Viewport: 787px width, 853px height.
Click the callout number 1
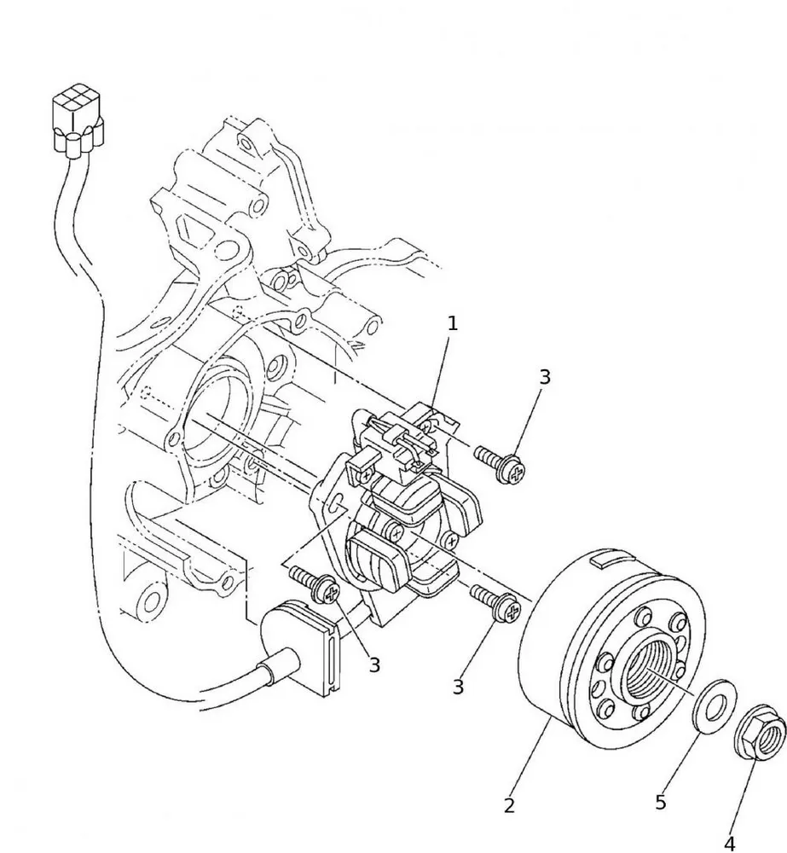click(453, 323)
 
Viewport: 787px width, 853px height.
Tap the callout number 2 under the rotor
click(509, 805)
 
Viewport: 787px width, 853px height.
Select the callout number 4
click(730, 843)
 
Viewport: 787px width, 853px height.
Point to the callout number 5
click(661, 802)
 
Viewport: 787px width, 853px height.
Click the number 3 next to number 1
click(545, 377)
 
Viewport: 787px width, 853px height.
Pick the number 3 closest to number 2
click(459, 687)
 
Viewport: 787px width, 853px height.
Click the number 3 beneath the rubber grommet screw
click(374, 665)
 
